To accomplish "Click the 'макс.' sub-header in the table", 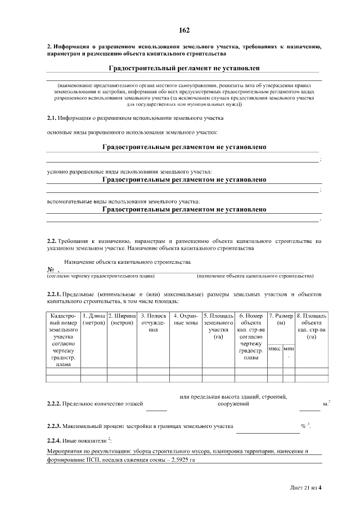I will coord(275,349).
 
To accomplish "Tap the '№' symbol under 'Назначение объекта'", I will coord(50,269).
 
